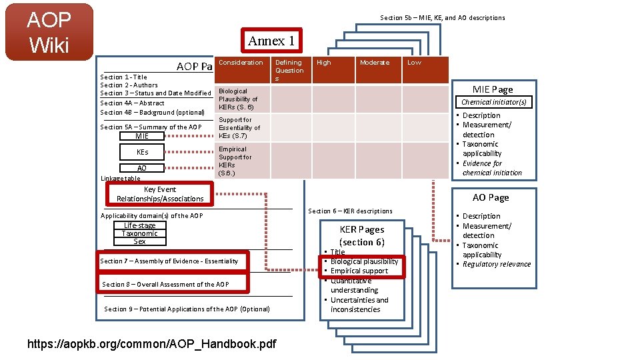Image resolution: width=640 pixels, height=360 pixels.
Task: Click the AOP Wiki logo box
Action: tap(48, 31)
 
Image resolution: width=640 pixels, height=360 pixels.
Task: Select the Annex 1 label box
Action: tap(271, 41)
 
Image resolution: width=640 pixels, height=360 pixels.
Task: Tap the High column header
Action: tap(324, 63)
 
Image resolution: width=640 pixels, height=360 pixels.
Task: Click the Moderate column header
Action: tap(374, 63)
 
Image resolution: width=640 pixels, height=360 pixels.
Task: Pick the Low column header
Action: tap(414, 63)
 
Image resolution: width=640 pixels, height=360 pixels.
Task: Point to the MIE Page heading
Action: tap(493, 89)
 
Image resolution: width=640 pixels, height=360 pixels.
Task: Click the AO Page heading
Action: tap(490, 197)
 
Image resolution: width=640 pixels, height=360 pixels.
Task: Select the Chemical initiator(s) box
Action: tap(493, 102)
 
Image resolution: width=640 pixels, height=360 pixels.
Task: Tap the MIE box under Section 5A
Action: tap(142, 136)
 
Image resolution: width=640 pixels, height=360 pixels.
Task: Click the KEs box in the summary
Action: tap(142, 152)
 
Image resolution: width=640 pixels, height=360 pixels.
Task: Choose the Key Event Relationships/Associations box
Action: tap(160, 194)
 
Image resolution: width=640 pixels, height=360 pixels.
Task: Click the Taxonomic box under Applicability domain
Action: tap(140, 233)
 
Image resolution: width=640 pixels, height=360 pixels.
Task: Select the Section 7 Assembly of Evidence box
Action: tap(169, 261)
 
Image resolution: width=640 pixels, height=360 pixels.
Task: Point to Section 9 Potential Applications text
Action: tap(187, 309)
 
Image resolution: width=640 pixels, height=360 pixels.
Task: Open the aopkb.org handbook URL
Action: tap(151, 344)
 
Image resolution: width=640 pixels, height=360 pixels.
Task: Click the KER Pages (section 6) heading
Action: tap(362, 236)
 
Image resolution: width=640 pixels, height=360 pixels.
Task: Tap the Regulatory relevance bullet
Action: tap(497, 264)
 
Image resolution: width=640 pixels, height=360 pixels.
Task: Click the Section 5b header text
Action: tap(442, 18)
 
